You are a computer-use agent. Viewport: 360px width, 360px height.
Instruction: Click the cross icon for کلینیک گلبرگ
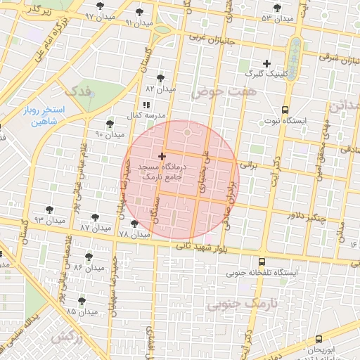point(266,64)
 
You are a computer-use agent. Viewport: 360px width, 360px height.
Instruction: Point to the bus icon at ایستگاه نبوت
point(285,110)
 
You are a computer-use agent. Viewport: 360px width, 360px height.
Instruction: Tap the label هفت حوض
point(224,91)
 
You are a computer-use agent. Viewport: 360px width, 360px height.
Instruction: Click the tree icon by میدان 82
point(161,78)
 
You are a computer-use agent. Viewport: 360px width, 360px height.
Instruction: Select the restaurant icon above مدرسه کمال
point(146,104)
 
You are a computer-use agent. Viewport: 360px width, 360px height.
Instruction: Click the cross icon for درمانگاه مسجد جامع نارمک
point(162,155)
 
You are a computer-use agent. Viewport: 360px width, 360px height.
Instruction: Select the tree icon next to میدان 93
point(49,210)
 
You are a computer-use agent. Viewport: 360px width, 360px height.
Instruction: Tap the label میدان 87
point(96,229)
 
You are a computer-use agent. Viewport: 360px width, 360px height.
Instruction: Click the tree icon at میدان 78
point(134,224)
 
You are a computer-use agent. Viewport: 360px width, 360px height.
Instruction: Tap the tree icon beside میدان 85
point(82,301)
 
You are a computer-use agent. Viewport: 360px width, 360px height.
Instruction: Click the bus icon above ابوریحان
point(319,338)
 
